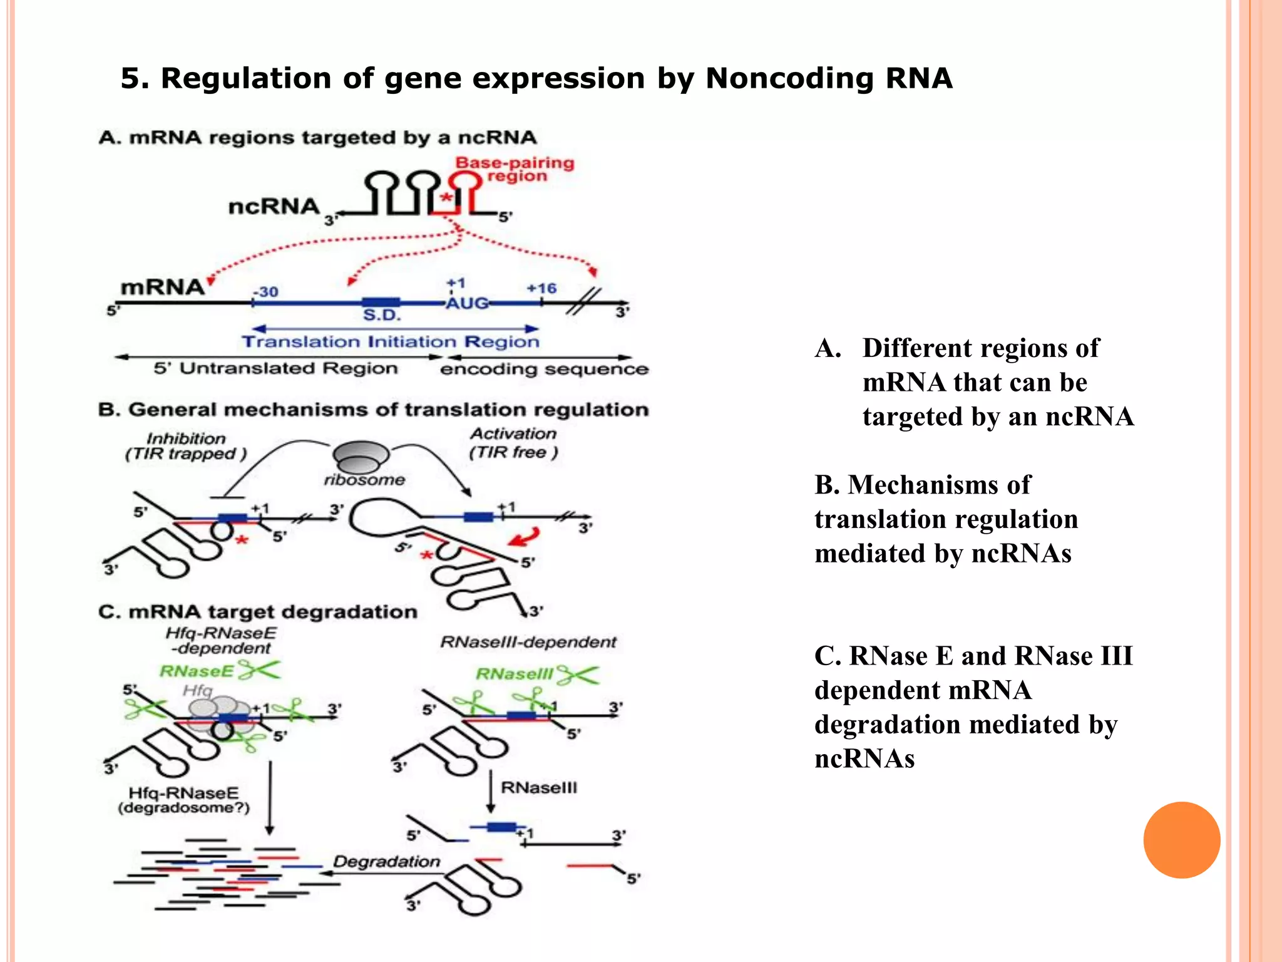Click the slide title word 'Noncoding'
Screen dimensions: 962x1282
tap(789, 79)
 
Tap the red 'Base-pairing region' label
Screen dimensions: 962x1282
tap(515, 169)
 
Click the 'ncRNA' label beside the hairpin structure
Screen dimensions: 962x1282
tap(274, 207)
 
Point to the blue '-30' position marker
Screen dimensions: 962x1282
tap(265, 292)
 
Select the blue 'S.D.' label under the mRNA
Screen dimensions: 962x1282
tap(381, 315)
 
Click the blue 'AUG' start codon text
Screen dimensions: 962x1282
tap(467, 304)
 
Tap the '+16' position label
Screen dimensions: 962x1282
tap(541, 289)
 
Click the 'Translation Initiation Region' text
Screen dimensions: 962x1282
tap(391, 342)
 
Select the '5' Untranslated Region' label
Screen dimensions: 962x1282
tap(275, 368)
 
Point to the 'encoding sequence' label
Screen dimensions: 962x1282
tap(543, 369)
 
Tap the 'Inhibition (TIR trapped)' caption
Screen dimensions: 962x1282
tap(186, 446)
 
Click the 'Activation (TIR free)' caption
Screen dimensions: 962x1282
tap(513, 443)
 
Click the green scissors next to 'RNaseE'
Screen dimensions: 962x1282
tap(260, 670)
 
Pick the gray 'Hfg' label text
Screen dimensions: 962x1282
tap(197, 690)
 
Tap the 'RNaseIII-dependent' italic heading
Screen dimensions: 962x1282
tap(528, 642)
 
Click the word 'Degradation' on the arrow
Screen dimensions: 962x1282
tap(386, 862)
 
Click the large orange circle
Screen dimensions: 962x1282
tap(1181, 840)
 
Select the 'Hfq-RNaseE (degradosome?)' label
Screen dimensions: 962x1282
tap(183, 800)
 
